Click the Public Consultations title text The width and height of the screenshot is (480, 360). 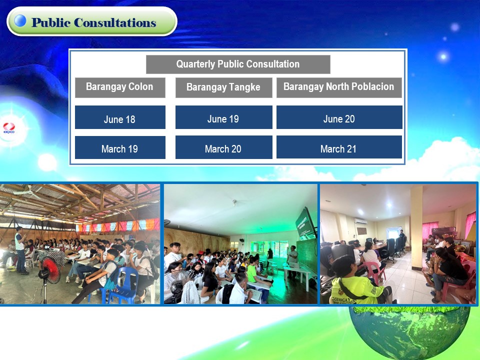tap(94, 22)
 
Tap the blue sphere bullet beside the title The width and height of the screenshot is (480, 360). tap(20, 20)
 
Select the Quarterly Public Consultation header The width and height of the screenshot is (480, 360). tap(238, 64)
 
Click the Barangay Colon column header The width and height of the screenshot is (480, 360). tap(120, 87)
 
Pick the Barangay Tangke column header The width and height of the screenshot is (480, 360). tap(224, 87)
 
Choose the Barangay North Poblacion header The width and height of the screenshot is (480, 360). tap(339, 87)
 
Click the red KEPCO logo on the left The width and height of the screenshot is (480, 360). tap(9, 127)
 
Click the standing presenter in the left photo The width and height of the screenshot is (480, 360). tap(21, 250)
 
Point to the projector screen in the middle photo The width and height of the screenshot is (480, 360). tap(306, 224)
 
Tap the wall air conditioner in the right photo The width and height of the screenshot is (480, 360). tap(360, 221)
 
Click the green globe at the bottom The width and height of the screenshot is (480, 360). tap(409, 332)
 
